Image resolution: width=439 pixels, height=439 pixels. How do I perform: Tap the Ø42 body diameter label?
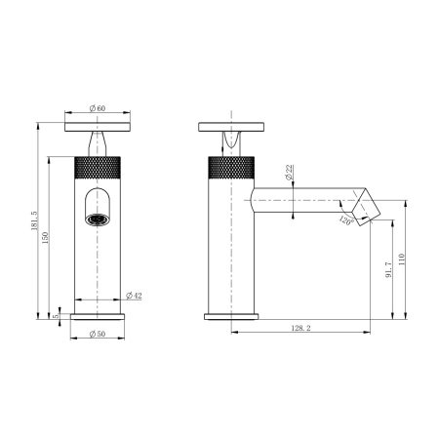coord(136,296)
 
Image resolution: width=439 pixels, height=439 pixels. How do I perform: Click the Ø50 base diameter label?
coord(98,335)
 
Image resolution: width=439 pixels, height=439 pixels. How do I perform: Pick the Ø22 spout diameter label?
coord(290,175)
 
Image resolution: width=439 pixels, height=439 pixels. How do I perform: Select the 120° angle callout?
coord(346,220)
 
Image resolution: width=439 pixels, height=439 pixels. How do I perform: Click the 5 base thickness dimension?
coord(57,315)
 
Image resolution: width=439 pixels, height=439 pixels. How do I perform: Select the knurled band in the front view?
coord(99,166)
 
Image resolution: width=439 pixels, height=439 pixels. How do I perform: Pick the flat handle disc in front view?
coord(99,126)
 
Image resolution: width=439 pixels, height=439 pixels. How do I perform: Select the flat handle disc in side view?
coord(232,126)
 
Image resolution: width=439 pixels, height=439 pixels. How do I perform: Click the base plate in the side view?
coord(232,316)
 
